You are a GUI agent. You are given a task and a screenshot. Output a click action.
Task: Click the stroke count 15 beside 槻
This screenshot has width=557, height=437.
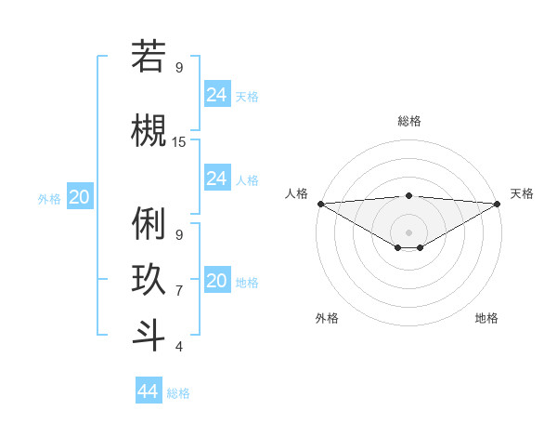tap(179, 142)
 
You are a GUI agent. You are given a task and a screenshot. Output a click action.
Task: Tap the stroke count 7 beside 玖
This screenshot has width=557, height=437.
tap(179, 291)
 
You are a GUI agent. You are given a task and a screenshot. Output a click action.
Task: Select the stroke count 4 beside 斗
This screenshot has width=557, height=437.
tap(179, 347)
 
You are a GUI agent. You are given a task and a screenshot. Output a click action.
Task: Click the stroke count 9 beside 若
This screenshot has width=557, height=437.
tap(179, 68)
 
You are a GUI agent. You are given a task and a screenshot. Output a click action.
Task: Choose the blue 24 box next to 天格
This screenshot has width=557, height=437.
tap(217, 94)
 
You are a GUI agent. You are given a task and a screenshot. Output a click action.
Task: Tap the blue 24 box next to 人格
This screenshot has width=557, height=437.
tap(217, 178)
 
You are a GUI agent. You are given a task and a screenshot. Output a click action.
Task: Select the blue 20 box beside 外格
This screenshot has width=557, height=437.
tap(80, 196)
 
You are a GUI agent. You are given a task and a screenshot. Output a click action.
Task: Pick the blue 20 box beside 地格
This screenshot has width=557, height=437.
tap(217, 280)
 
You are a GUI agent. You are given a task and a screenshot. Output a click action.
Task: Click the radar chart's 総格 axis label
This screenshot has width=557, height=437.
tap(409, 121)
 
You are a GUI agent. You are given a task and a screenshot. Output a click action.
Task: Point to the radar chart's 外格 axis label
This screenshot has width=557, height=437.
tap(327, 318)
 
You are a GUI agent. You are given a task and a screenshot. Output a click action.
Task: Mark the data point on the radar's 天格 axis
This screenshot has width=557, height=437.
tap(497, 204)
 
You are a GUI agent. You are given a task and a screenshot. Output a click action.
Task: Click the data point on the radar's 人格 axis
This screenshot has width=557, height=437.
tap(320, 204)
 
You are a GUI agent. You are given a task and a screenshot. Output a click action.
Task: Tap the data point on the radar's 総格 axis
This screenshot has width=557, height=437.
tap(408, 195)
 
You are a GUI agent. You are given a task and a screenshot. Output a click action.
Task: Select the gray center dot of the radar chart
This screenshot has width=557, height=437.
tap(408, 232)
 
